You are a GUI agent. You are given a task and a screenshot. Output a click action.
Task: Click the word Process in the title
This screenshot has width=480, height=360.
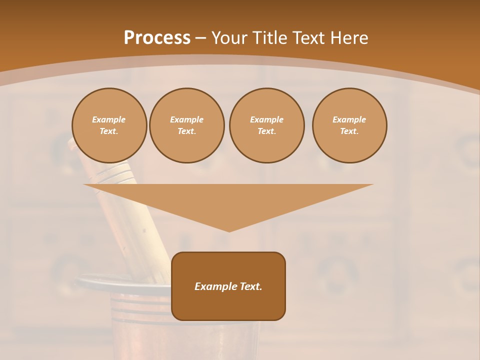pos(157,38)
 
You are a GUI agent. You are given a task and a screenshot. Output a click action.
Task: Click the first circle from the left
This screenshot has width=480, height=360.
pos(109,125)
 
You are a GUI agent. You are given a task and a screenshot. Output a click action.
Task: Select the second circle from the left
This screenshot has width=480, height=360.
pos(187,125)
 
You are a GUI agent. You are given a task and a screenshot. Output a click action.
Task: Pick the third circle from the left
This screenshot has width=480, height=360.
pos(266,125)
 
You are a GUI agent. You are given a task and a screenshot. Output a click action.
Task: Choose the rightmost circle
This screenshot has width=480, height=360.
pos(349,125)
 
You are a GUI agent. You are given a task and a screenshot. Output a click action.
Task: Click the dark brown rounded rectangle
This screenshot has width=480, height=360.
pos(228,305)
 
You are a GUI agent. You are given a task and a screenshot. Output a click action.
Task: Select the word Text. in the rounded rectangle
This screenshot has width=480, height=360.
pos(250,286)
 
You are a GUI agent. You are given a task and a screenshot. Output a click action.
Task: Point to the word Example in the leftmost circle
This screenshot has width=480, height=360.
pos(109,119)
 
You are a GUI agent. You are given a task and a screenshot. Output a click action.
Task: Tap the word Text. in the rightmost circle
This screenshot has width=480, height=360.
pos(349,131)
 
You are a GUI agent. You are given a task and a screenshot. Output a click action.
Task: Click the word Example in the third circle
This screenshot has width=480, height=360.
pos(266,119)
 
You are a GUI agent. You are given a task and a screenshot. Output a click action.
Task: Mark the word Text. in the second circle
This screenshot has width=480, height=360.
pos(187,131)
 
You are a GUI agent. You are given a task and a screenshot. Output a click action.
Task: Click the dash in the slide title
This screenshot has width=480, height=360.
pos(201,38)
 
